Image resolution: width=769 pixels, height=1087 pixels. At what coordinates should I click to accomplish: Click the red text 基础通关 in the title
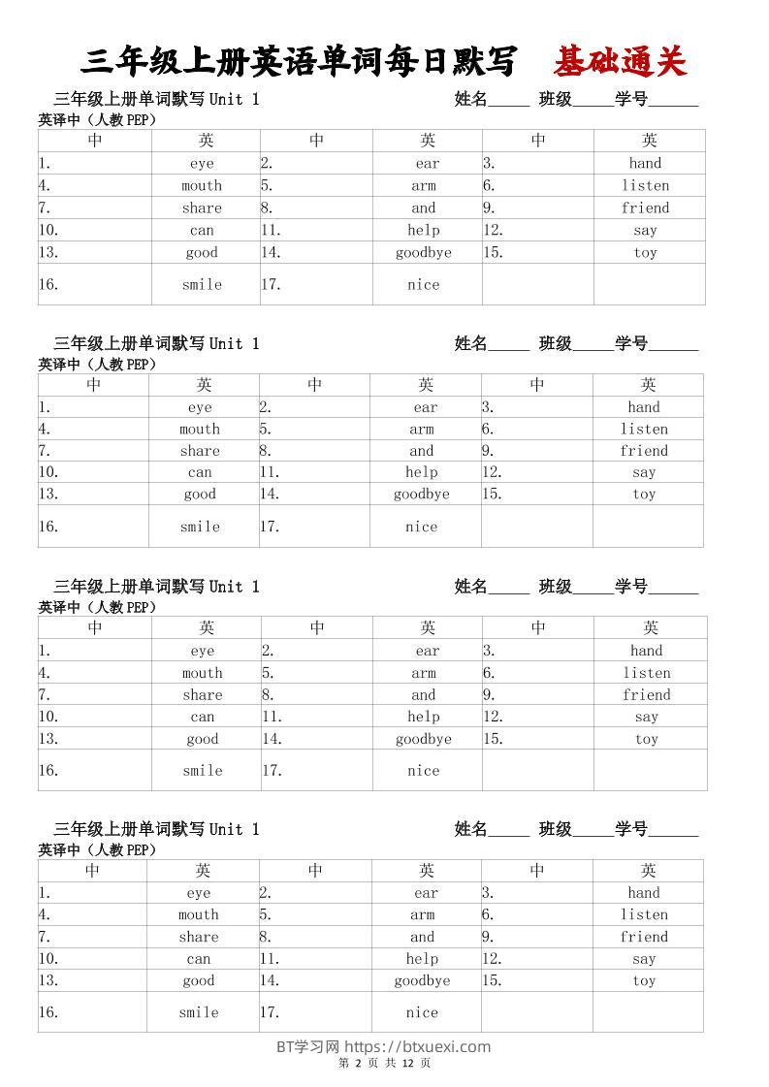[x=620, y=62]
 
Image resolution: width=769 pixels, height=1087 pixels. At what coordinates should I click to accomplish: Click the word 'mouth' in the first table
[x=202, y=185]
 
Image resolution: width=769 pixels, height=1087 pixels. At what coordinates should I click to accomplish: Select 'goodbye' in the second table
[x=422, y=494]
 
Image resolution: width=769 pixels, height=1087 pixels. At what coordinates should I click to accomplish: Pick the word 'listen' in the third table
[x=647, y=673]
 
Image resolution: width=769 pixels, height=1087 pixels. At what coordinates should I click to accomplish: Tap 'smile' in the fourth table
[x=199, y=1012]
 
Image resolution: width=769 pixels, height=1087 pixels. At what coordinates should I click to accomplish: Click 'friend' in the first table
[x=645, y=208]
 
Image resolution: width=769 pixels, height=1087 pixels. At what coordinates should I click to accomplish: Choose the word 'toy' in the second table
[x=645, y=494]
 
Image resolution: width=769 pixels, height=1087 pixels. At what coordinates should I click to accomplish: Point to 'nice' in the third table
[x=424, y=771]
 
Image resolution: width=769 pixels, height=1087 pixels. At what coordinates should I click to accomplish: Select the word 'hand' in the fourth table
[x=644, y=893]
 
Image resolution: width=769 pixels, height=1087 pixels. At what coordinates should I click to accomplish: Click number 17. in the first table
[x=272, y=285]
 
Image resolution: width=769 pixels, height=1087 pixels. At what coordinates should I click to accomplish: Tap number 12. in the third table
[x=494, y=717]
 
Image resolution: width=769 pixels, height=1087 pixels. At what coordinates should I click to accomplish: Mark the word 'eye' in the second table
[x=200, y=407]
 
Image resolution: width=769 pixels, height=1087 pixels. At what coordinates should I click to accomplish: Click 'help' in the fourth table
[x=422, y=959]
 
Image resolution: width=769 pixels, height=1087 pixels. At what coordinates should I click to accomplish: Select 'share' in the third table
[x=203, y=694]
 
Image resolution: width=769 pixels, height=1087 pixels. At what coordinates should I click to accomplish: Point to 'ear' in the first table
[x=428, y=164]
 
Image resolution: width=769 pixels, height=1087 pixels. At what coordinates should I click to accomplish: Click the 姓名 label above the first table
[x=471, y=99]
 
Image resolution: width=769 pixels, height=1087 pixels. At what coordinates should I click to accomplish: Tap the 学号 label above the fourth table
[x=631, y=829]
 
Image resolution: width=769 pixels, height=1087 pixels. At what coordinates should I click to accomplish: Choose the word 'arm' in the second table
[x=422, y=429]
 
